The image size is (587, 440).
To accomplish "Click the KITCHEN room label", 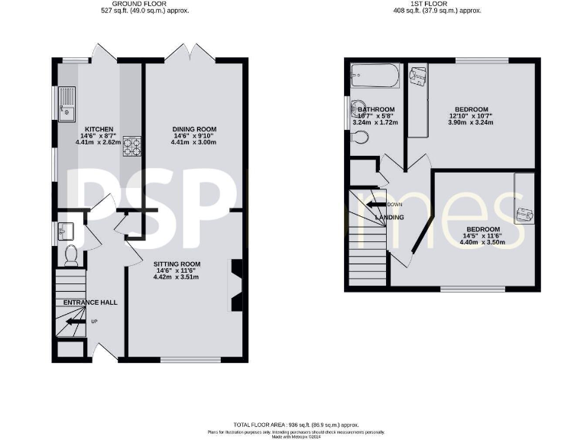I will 99,129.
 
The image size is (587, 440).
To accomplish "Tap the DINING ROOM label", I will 193,129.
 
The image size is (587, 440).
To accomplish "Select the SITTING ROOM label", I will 177,264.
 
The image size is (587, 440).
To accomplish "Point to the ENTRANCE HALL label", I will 90,303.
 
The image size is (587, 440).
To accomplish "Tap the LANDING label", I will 389,217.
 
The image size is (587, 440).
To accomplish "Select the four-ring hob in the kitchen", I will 132,145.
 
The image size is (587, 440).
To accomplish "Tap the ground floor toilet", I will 71,255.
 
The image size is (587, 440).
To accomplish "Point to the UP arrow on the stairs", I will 76,322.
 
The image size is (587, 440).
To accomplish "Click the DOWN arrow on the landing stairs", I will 374,204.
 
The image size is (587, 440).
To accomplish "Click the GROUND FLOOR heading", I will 146,4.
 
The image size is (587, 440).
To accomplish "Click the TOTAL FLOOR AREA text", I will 295,424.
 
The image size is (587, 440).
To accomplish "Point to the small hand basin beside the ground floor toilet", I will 64,229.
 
